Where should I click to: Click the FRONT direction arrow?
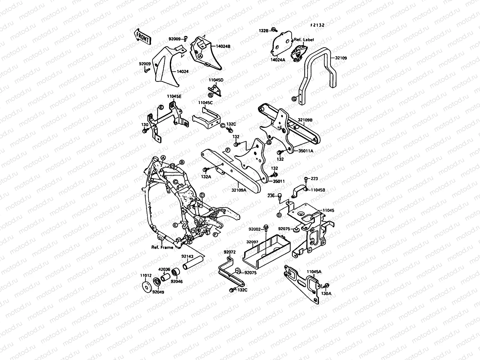tap(142, 37)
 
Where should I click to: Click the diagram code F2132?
tap(317, 25)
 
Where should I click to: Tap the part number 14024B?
tap(223, 46)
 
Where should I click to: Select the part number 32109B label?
tap(305, 120)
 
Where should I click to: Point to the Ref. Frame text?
tap(162, 247)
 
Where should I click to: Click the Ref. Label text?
tap(304, 40)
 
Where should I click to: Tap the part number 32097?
tap(252, 242)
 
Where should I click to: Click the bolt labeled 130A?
tap(326, 286)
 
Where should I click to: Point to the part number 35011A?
tap(306, 151)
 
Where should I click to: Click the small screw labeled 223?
tap(306, 179)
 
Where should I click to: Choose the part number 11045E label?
tap(174, 96)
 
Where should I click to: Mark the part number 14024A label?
tap(278, 60)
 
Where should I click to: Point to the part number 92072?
tap(229, 252)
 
